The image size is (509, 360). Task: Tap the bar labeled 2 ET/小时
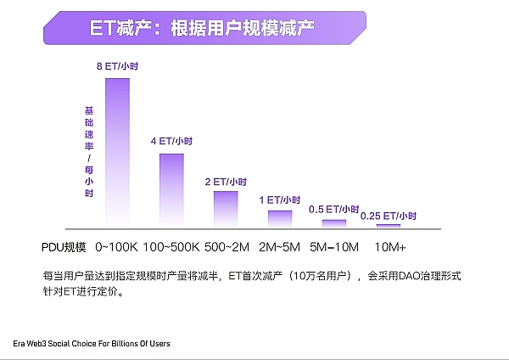pyautogui.click(x=226, y=207)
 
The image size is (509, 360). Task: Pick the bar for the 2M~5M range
pyautogui.click(x=280, y=217)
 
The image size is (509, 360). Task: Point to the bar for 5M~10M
pyautogui.click(x=334, y=222)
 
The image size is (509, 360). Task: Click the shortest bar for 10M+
pyautogui.click(x=389, y=225)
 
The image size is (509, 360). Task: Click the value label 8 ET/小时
pyautogui.click(x=117, y=65)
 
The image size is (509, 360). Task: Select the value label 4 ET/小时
pyautogui.click(x=171, y=140)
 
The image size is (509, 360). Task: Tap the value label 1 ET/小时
pyautogui.click(x=280, y=200)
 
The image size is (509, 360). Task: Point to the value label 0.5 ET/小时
pyautogui.click(x=334, y=209)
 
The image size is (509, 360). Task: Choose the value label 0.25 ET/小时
pyautogui.click(x=389, y=216)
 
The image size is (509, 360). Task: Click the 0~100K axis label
pyautogui.click(x=116, y=247)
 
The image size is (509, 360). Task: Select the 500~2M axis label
pyautogui.click(x=227, y=247)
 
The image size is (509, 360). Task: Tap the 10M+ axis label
pyautogui.click(x=390, y=247)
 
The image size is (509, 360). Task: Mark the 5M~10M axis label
pyautogui.click(x=335, y=247)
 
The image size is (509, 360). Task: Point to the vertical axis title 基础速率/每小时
pyautogui.click(x=88, y=153)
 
